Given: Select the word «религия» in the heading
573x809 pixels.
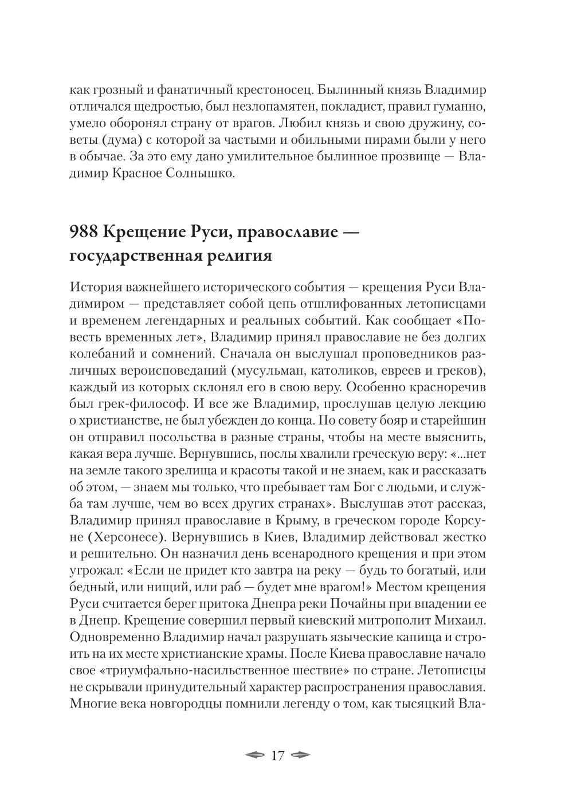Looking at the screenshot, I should pyautogui.click(x=236, y=256).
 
